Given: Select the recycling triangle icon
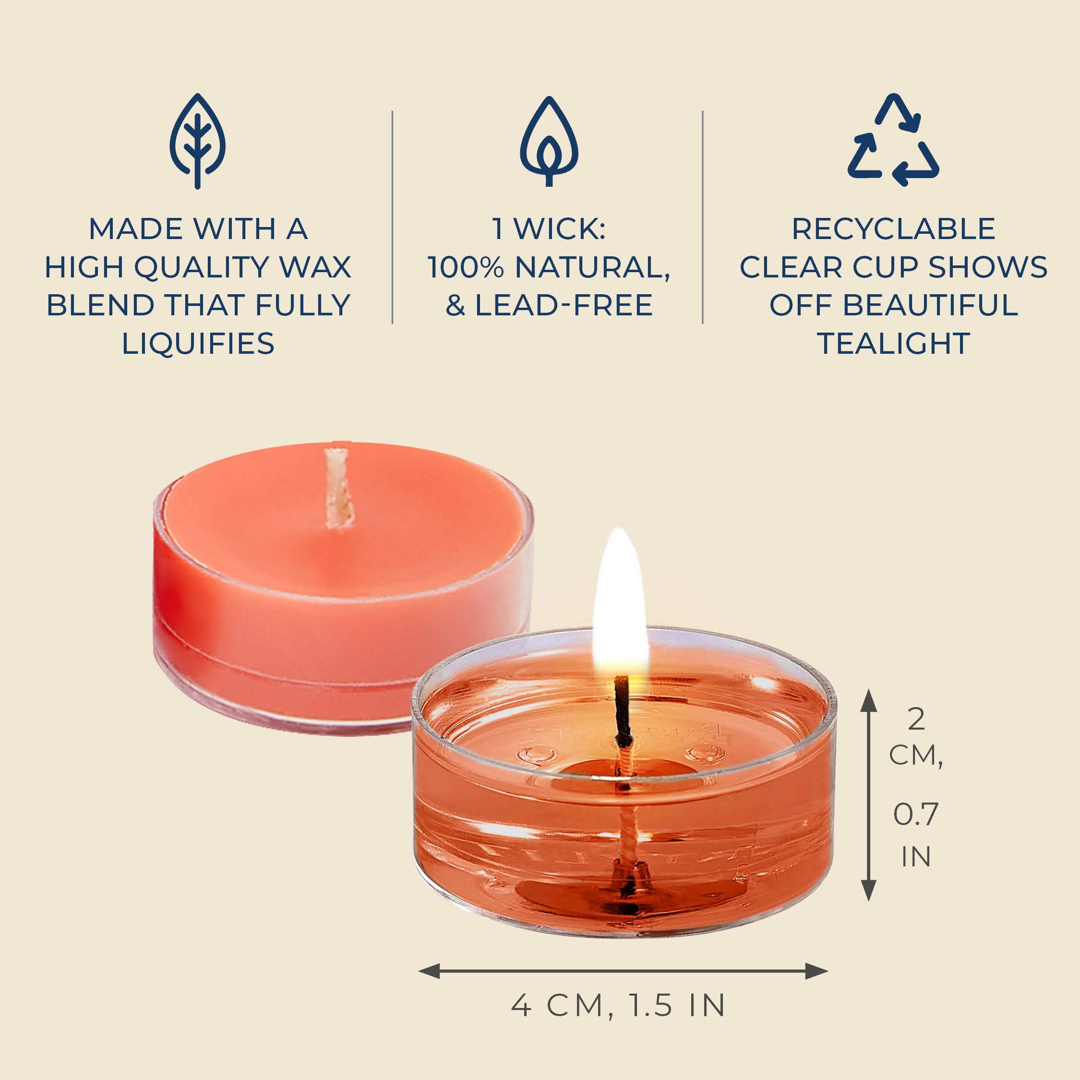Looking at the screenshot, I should tap(893, 140).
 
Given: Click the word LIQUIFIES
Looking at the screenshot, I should tap(198, 343).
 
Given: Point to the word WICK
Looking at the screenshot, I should tap(559, 228).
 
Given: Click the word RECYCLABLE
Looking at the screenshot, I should tap(893, 228).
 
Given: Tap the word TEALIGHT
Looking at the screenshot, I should tap(893, 343).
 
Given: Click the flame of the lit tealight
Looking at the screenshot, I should tap(620, 604).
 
